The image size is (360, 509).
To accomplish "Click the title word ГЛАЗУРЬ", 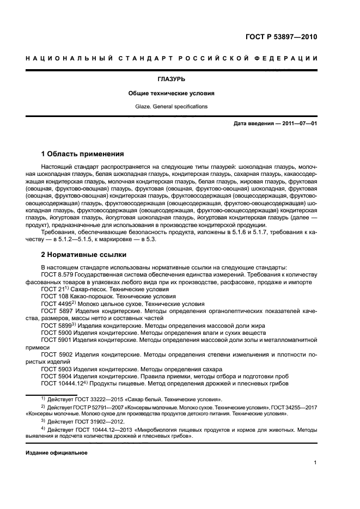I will (180, 79).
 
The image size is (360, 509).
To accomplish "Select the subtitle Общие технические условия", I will (180, 93).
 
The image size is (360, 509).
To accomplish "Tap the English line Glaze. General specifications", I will (180, 106).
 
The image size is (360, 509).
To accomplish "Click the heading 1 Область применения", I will (82, 154).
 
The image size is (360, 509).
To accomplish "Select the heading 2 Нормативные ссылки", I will (83, 254).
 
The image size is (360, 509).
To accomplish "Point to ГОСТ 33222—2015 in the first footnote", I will (97, 398).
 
